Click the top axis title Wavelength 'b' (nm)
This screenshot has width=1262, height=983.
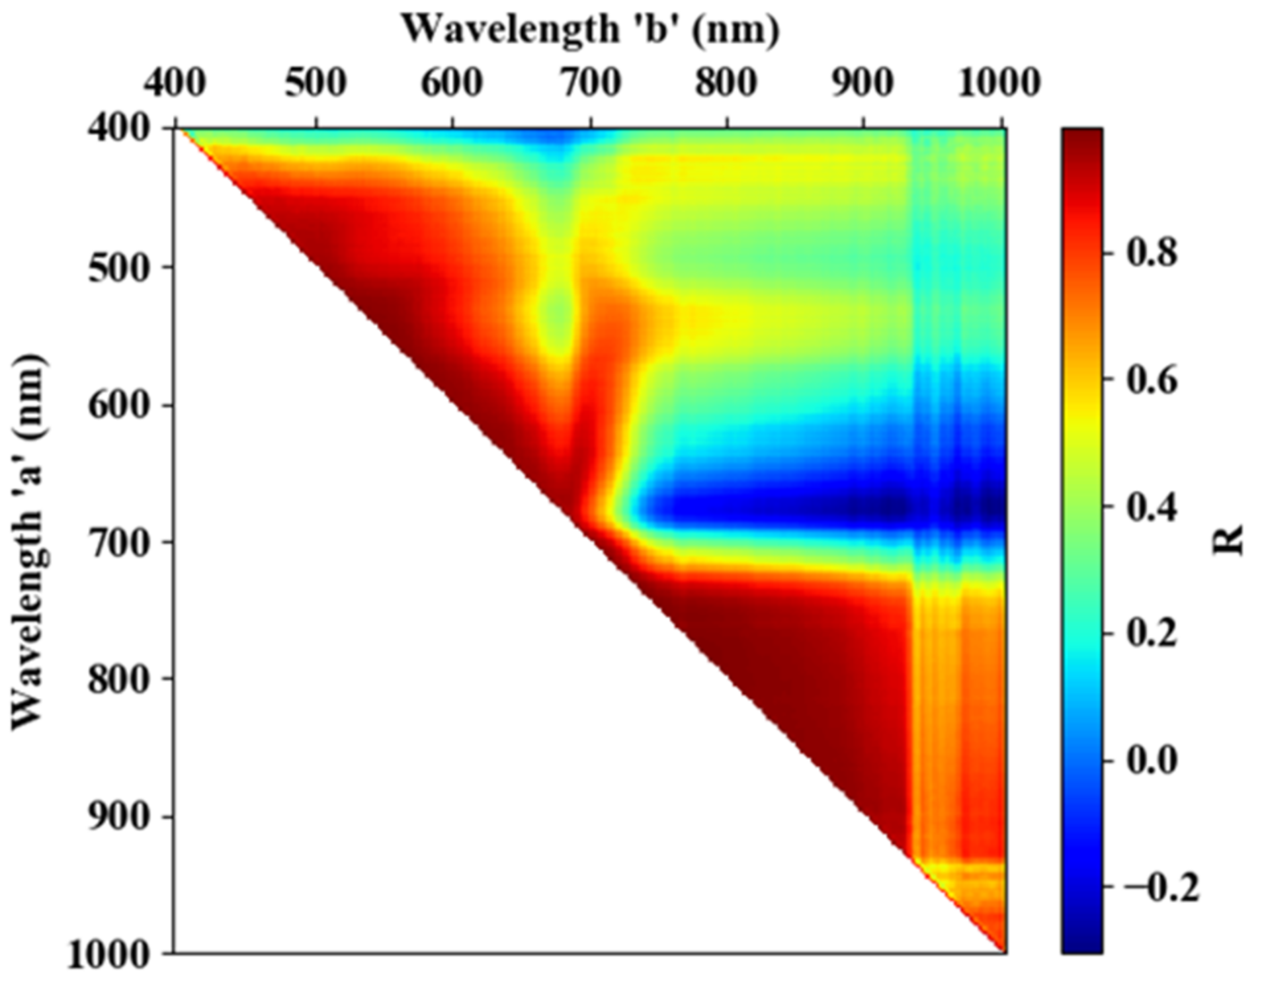tap(591, 29)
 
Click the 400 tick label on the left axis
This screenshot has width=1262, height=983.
tap(120, 128)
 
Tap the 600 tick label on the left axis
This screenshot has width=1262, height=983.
tap(120, 404)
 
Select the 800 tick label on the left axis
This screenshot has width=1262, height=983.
tap(120, 679)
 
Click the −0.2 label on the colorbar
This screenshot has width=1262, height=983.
tap(1161, 888)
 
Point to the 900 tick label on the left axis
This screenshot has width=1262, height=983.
tap(120, 816)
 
